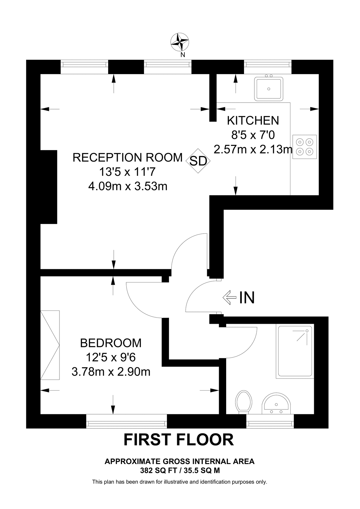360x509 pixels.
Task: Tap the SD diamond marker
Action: point(198,161)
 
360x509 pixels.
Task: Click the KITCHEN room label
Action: point(253,121)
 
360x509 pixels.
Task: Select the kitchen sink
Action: point(269,89)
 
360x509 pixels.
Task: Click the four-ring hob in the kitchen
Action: point(305,146)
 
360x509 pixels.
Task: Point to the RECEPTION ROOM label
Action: point(128,158)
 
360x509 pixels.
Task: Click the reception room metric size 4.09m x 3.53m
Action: point(128,187)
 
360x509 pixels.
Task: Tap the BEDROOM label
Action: point(111,343)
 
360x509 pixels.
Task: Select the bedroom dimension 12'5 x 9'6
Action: point(111,357)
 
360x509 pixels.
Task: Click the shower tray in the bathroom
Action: point(295,352)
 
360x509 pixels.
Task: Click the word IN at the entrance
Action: point(247,297)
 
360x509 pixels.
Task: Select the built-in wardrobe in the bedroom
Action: point(50,345)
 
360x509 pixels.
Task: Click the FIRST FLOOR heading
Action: point(179,440)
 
